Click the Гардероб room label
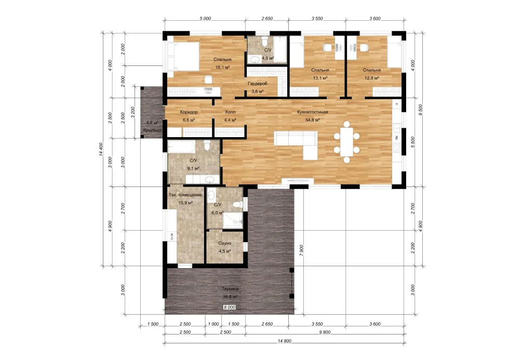click(x=258, y=84)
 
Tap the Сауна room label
click(x=224, y=243)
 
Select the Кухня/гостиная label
click(x=312, y=112)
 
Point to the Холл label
click(x=230, y=112)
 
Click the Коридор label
click(x=189, y=112)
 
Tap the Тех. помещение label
click(x=185, y=195)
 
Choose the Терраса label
click(x=230, y=289)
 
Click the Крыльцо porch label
click(x=152, y=130)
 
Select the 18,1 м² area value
click(x=223, y=68)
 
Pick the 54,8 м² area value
click(x=312, y=120)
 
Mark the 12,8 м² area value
click(x=372, y=78)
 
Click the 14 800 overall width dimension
click(x=285, y=341)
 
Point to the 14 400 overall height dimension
click(x=101, y=149)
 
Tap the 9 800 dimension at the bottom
click(x=325, y=332)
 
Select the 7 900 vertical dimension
click(x=302, y=250)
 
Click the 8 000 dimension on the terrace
click(x=230, y=307)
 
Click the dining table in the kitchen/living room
click(x=347, y=142)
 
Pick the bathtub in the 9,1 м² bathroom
click(x=181, y=146)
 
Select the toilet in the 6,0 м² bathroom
click(x=238, y=205)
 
